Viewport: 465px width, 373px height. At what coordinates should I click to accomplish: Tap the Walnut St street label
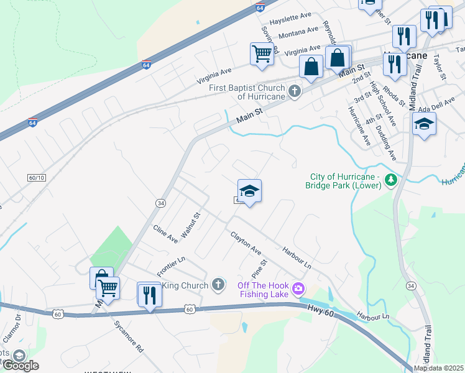[191, 225]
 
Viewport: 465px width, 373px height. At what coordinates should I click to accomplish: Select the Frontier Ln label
[171, 267]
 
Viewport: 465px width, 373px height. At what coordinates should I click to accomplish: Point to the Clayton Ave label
[246, 243]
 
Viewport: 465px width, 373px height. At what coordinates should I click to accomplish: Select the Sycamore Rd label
[129, 336]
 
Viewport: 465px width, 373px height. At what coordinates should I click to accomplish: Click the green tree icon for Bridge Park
[390, 180]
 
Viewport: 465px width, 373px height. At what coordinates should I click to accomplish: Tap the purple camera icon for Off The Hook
[298, 287]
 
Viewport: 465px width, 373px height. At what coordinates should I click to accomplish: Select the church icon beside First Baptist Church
[295, 92]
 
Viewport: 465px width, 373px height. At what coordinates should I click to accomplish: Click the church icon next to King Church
[218, 285]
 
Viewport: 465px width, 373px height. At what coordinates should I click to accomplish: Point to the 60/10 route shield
[37, 177]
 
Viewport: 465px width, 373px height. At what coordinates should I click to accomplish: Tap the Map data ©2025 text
[438, 368]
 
